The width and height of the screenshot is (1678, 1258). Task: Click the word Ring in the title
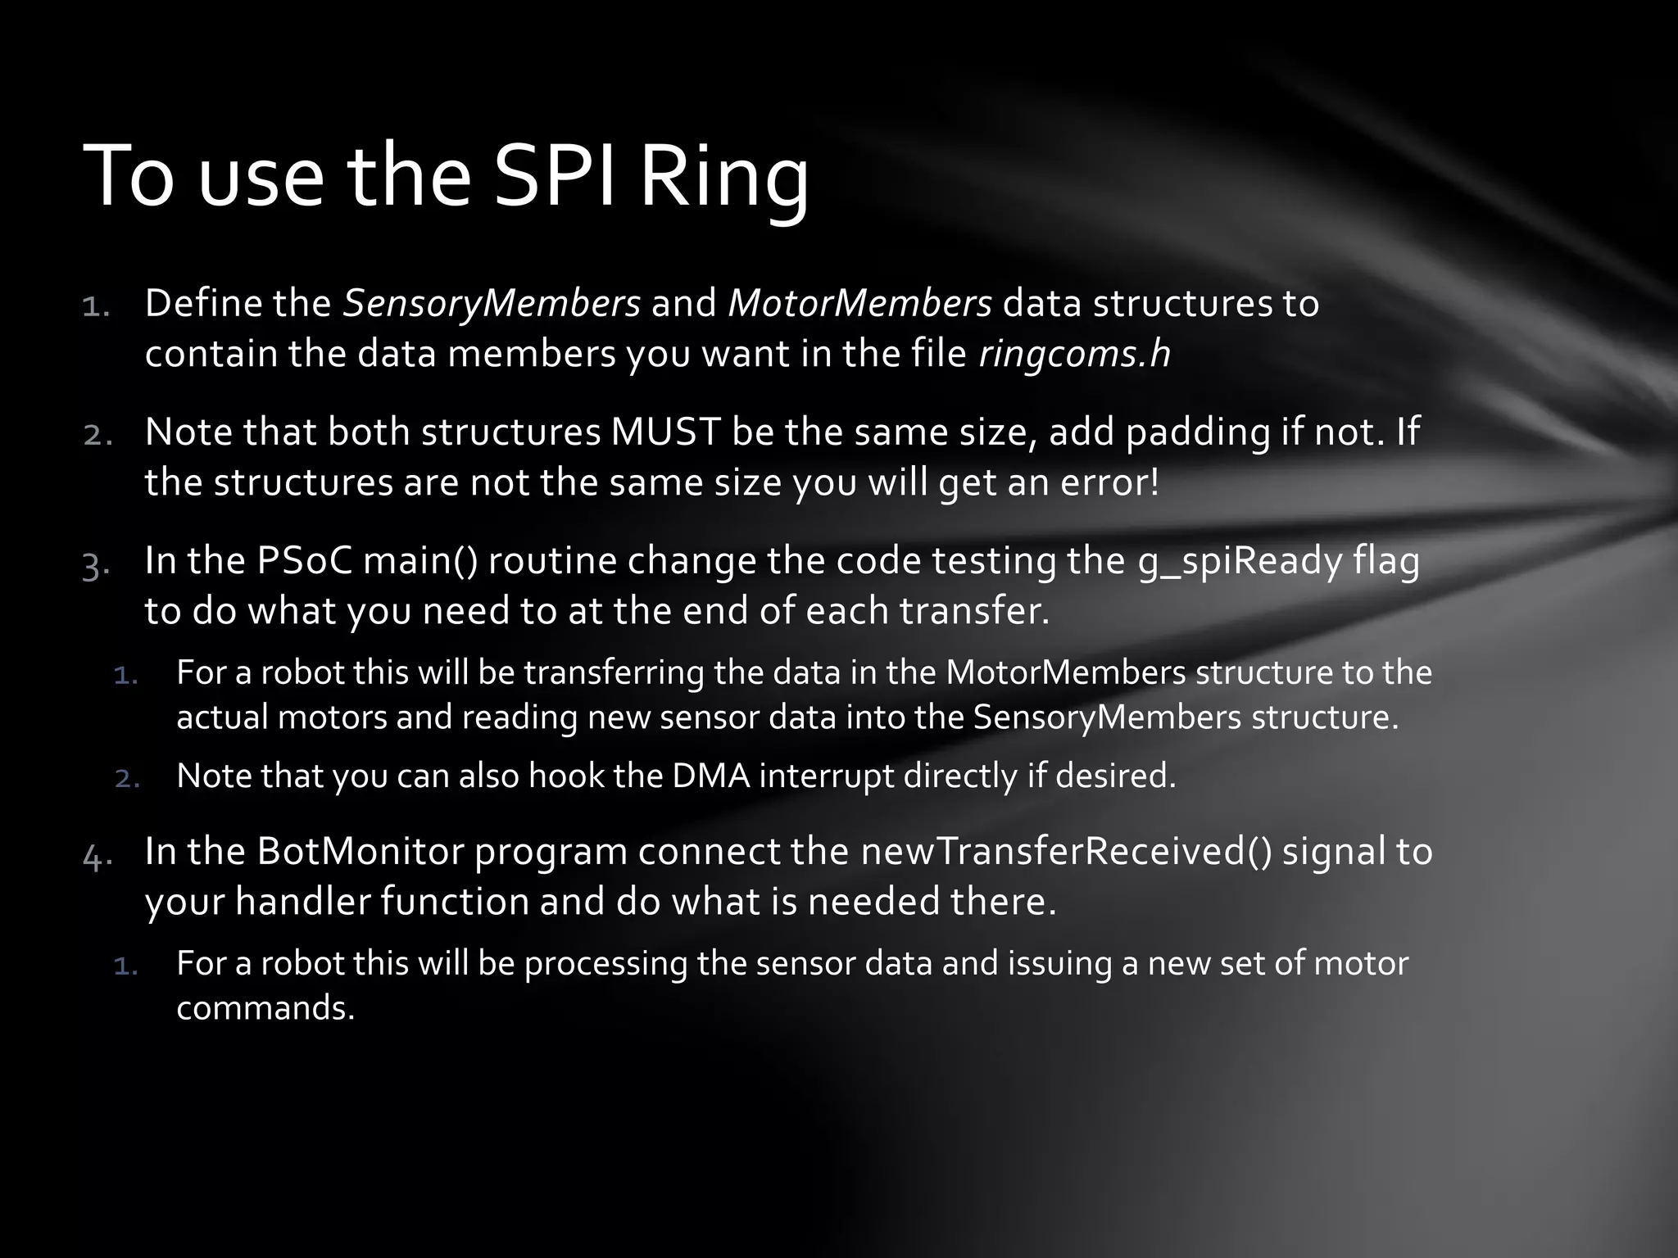point(723,176)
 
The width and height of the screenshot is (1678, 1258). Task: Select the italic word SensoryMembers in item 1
point(491,304)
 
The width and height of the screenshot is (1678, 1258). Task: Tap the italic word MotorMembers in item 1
point(859,304)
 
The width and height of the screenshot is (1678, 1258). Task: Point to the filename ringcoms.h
point(1074,354)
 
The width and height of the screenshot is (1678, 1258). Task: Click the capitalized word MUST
point(665,432)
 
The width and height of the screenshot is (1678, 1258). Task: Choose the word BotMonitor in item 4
point(360,852)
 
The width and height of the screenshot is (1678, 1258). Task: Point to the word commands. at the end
point(265,1008)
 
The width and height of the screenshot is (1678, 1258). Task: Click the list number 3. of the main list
point(96,565)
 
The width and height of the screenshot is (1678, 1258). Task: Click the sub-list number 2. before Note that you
point(127,778)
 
